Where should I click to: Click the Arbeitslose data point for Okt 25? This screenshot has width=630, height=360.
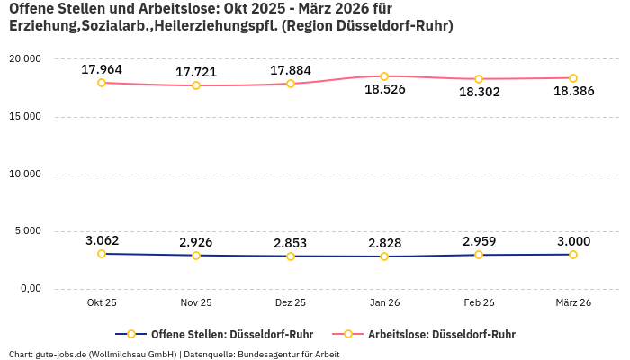(102, 83)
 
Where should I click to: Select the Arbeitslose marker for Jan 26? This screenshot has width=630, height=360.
(384, 76)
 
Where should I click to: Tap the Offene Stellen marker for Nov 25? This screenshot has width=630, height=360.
(196, 256)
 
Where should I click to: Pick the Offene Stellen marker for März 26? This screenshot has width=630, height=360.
(573, 255)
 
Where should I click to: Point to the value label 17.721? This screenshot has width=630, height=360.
(196, 71)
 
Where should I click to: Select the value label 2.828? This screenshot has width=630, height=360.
(384, 243)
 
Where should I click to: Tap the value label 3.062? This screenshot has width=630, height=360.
(102, 240)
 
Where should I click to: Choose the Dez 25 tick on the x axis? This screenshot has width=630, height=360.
(290, 303)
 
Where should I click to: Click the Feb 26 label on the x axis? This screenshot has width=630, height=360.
(479, 303)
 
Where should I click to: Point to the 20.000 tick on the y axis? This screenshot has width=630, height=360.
(24, 58)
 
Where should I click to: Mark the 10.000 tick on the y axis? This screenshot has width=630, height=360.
(24, 174)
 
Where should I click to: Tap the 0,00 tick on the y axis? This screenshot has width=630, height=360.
(30, 289)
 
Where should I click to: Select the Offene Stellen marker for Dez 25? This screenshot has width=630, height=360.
(290, 256)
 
